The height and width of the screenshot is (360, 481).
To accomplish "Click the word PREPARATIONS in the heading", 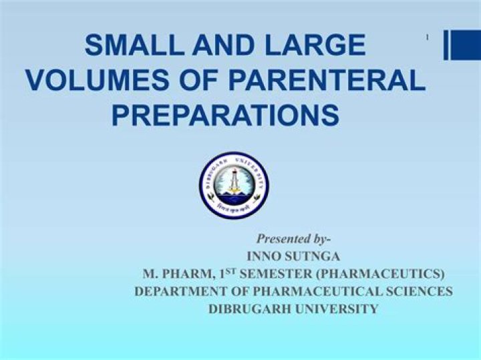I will (x=225, y=114).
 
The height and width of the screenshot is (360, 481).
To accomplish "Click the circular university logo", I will (x=234, y=185).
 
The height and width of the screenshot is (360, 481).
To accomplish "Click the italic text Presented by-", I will (x=294, y=238).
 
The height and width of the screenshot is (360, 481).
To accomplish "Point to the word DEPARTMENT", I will (x=182, y=292).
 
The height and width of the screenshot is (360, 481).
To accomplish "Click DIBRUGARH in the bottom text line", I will (x=250, y=309).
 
